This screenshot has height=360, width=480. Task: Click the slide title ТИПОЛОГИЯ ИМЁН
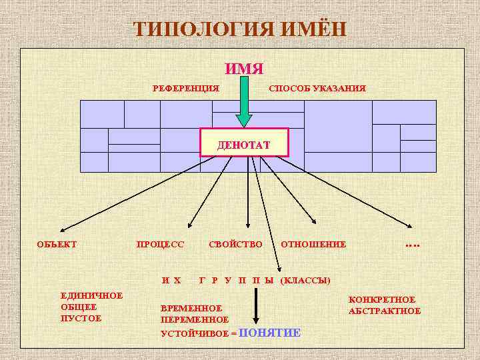coord(240,30)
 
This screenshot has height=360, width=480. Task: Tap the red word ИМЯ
coord(244,69)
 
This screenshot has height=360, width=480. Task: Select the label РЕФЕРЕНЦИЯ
coord(186,88)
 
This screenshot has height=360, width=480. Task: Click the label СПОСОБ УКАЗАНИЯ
coord(317,88)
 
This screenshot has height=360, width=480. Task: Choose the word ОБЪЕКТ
coord(57,244)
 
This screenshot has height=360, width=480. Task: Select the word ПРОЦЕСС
coord(160,244)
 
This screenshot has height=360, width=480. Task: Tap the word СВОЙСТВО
coord(235,244)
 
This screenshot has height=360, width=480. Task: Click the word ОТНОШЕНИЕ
coord(313,244)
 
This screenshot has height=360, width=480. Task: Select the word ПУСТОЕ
coord(81,318)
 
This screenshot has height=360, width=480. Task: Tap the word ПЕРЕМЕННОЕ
coord(195,320)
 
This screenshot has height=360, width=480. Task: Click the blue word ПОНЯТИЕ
coord(269,333)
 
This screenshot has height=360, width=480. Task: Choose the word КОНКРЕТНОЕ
coord(382,299)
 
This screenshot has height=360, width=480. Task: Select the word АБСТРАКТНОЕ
coord(385,311)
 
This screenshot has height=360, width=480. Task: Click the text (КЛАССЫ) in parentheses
coord(305,279)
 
